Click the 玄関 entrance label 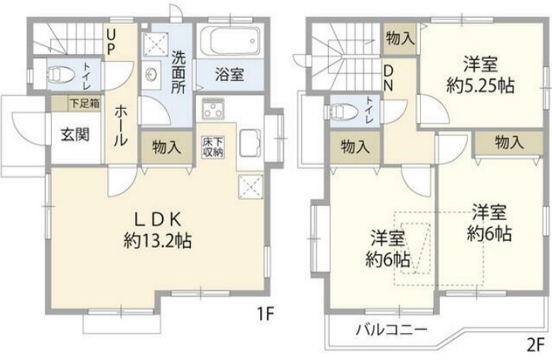pyautogui.click(x=74, y=134)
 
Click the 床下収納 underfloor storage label pyautogui.click(x=213, y=147)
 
